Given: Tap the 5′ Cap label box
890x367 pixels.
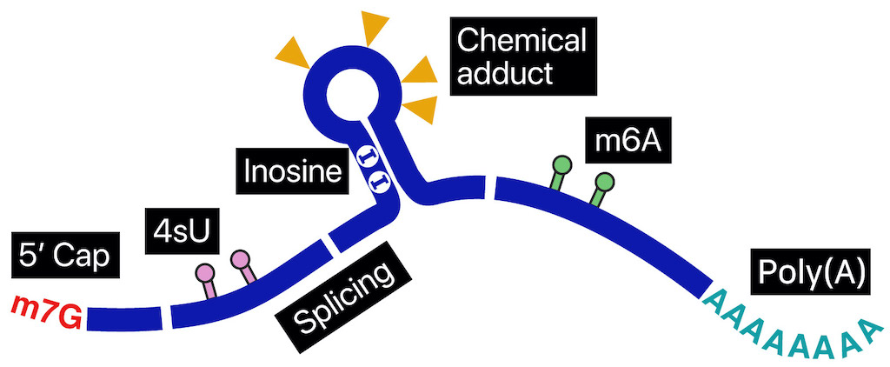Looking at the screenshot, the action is [x=63, y=255].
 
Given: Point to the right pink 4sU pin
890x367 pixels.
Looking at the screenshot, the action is [x=244, y=267].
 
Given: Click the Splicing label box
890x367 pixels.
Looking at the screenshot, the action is [x=344, y=290].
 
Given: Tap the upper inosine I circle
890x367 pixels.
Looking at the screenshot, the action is [x=366, y=156].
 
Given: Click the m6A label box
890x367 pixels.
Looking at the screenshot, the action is [x=628, y=141].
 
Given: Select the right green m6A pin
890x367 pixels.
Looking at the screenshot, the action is [x=601, y=190].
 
